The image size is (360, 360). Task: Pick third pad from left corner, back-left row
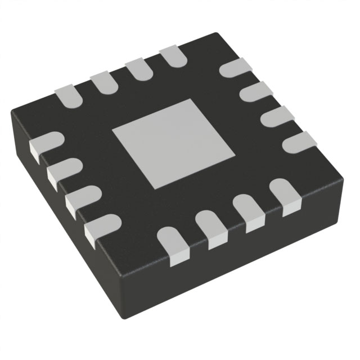(137, 70)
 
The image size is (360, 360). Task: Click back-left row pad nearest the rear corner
(173, 57)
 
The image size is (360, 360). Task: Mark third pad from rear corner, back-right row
(276, 115)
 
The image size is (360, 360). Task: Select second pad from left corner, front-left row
(61, 171)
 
